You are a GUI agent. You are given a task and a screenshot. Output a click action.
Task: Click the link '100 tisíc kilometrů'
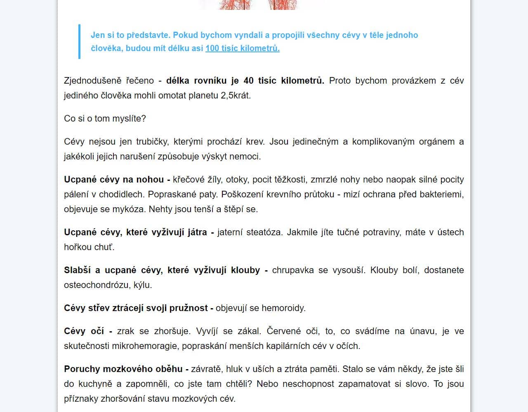pyautogui.click(x=242, y=48)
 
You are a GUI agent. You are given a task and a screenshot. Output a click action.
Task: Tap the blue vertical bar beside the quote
pyautogui.click(x=79, y=42)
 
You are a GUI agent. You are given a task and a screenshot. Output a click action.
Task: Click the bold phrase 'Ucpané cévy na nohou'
pyautogui.click(x=114, y=180)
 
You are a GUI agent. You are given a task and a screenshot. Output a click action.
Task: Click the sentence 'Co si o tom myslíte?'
pyautogui.click(x=105, y=119)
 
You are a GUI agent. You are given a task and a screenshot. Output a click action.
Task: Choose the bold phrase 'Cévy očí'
pyautogui.click(x=84, y=331)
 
